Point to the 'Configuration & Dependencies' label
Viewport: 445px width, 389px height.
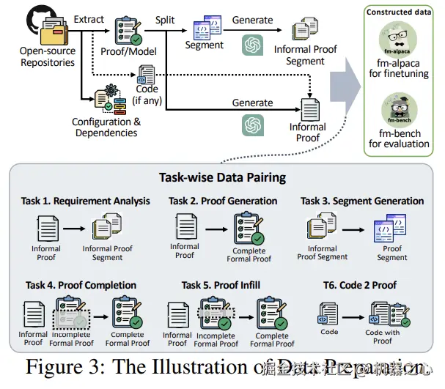(106, 127)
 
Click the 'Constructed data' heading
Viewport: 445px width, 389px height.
(399, 12)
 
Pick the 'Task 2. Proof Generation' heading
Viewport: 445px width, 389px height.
(223, 201)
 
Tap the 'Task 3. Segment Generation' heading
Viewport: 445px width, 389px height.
(362, 201)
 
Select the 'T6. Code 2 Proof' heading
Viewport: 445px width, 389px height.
(361, 285)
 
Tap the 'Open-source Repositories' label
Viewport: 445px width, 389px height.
(48, 56)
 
